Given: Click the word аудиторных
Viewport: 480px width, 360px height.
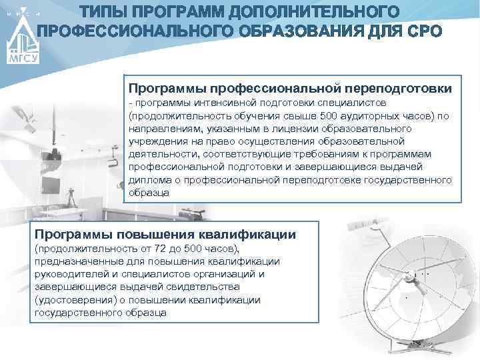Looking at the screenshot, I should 379,115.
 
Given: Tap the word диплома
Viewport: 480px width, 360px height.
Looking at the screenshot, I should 147,181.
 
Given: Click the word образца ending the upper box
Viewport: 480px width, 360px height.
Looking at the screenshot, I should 149,193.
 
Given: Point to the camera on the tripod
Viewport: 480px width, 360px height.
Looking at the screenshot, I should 71,193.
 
